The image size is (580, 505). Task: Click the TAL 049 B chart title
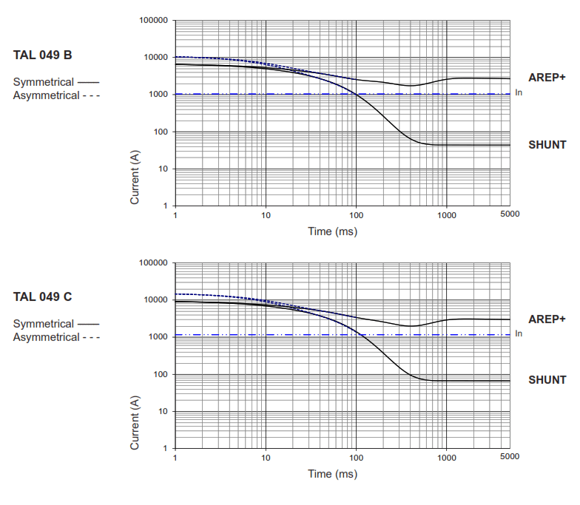[x=42, y=55]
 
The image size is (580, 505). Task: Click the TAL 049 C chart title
[x=42, y=296]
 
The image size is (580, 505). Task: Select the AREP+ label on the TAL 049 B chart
[x=547, y=77]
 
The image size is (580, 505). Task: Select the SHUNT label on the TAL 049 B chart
[x=547, y=144]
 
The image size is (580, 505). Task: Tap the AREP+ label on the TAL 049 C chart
[x=547, y=319]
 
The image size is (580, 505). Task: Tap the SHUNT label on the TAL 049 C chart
[x=547, y=380]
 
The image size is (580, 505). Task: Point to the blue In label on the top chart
[x=519, y=93]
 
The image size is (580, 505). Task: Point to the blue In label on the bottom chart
[x=519, y=334]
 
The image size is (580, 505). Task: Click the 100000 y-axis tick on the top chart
[x=153, y=21]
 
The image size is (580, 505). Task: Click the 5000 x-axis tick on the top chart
[x=509, y=214]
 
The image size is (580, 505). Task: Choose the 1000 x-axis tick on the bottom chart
[x=446, y=456]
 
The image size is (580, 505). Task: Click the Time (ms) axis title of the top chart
[x=333, y=231]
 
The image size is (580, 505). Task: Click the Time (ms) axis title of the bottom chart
[x=333, y=473]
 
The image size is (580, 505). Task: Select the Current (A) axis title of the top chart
[x=135, y=177]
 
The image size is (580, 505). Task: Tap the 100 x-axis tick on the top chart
[x=357, y=214]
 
